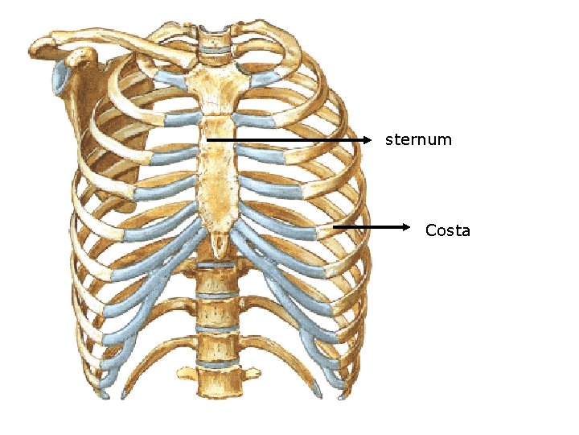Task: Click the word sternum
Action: (418, 140)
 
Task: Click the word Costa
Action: (447, 231)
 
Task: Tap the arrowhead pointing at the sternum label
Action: (369, 140)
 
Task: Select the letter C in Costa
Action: (431, 231)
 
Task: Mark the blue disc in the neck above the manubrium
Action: (214, 53)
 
